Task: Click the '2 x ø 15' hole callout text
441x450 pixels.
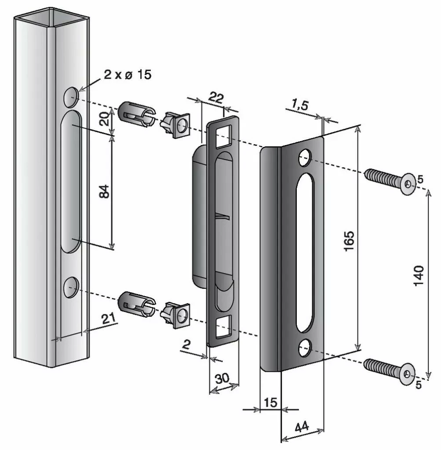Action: point(128,74)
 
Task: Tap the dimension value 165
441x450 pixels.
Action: point(349,240)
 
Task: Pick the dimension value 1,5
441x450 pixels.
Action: point(300,105)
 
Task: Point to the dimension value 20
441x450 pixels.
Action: point(103,119)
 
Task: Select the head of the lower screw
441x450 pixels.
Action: point(407,374)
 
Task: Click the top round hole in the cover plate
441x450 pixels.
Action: point(304,158)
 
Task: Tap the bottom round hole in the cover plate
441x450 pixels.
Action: point(304,348)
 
